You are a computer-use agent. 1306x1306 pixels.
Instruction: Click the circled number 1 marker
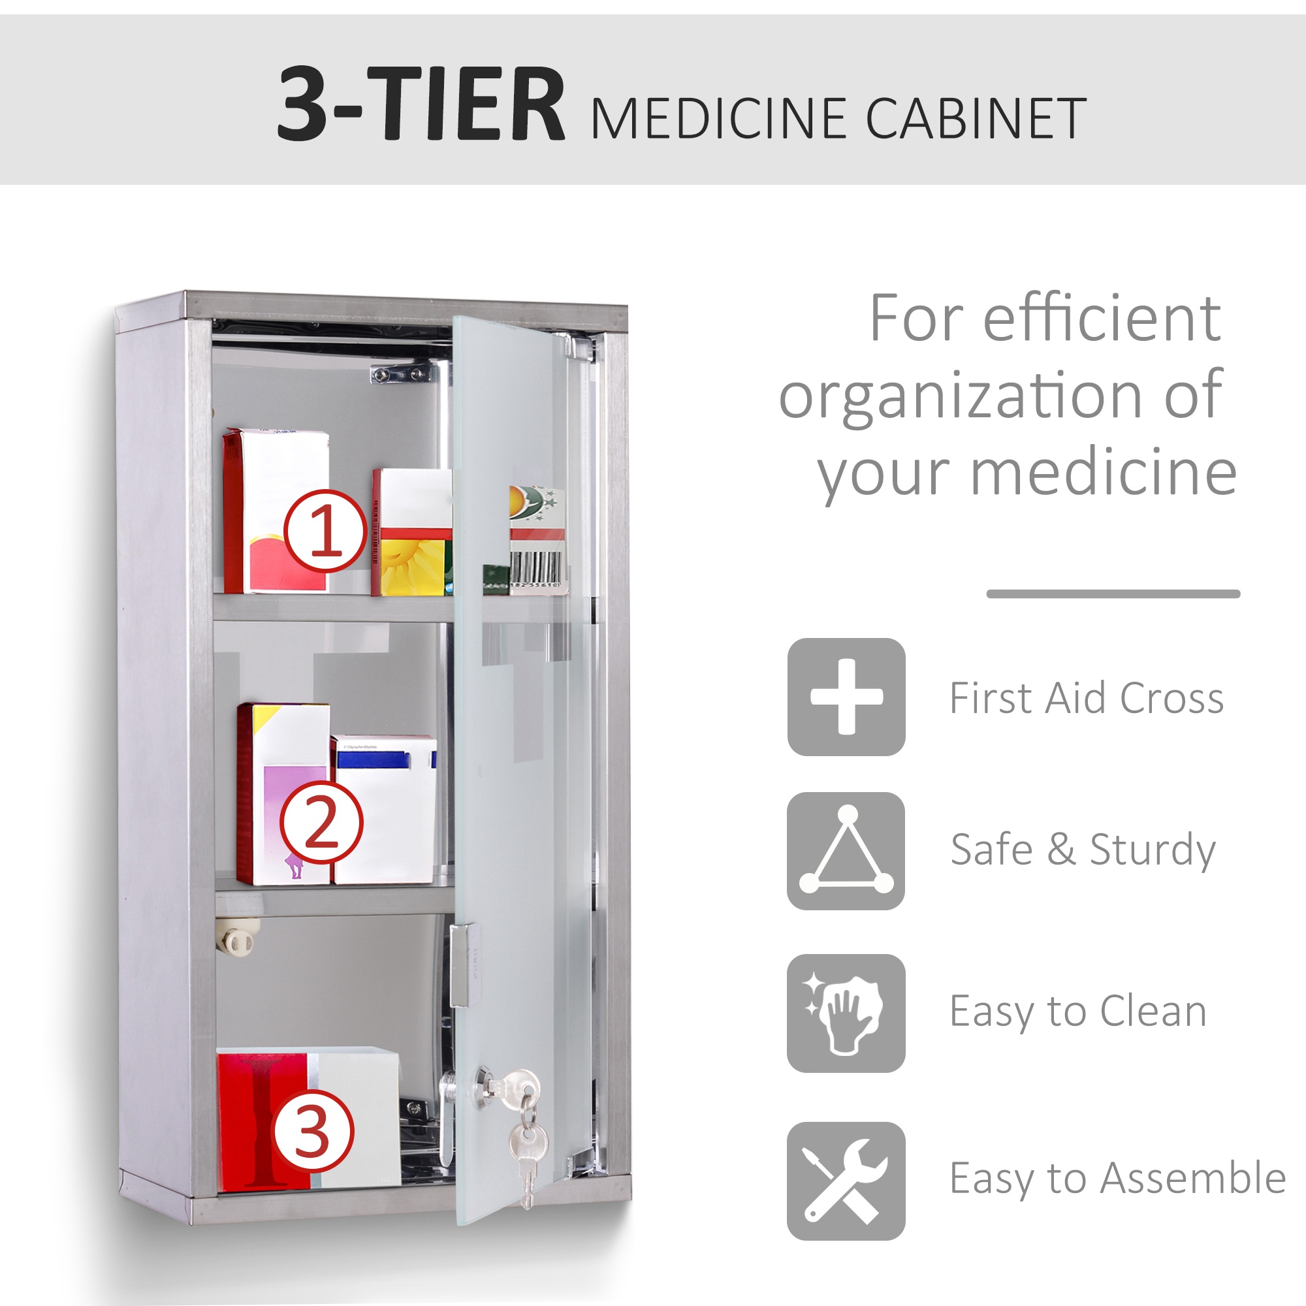pos(325,532)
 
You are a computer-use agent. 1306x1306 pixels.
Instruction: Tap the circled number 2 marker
pos(321,822)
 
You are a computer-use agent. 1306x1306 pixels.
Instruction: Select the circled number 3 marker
pos(311,1130)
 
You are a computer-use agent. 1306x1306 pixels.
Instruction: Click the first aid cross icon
pos(846,696)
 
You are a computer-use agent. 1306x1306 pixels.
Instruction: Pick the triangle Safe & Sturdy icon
pos(846,851)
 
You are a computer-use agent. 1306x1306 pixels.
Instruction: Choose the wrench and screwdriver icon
pos(846,1181)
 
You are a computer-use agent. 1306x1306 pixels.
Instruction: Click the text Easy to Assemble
pos(1117,1178)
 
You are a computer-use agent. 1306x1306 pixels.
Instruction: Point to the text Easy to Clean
pos(1077,1011)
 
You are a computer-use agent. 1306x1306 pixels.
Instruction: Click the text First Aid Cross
pos(1087,697)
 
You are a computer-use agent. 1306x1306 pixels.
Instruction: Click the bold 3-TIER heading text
pos(421,104)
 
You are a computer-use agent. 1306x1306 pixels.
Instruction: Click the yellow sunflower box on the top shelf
pos(412,534)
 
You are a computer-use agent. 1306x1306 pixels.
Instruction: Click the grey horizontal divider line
pos(1113,594)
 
